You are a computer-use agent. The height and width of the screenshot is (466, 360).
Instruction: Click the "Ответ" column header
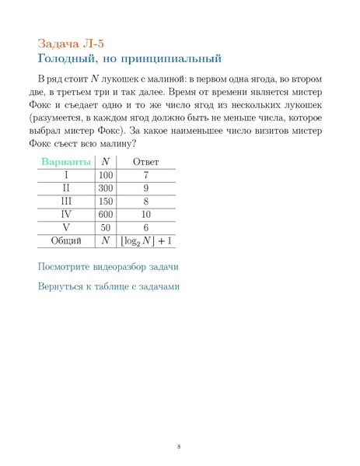click(x=145, y=161)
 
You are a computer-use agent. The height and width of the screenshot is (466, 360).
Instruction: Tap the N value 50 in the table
click(x=106, y=227)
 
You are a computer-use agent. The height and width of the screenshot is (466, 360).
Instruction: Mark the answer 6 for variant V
click(x=145, y=227)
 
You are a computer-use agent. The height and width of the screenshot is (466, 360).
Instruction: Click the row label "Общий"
click(x=66, y=241)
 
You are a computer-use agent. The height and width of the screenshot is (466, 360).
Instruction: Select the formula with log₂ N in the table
click(x=145, y=241)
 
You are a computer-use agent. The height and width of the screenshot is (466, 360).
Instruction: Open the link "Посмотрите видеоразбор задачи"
click(x=108, y=267)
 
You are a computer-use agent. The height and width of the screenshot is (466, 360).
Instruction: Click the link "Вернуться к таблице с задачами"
click(x=109, y=286)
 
